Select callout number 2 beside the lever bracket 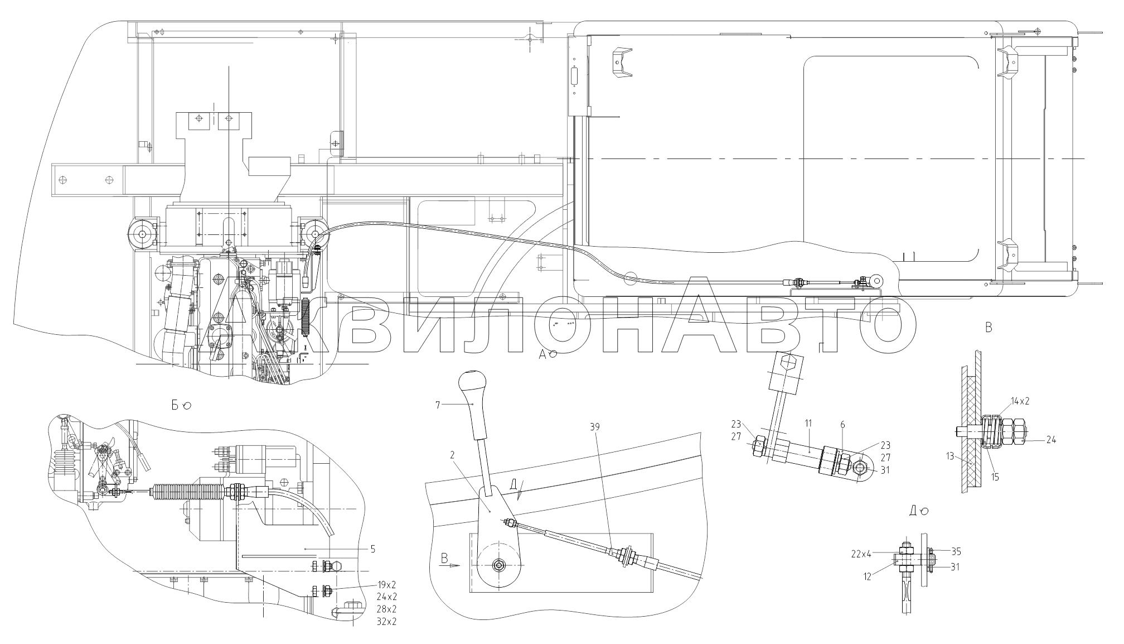click(x=453, y=455)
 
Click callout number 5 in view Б click(x=372, y=549)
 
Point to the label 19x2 click(x=386, y=586)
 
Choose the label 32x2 click(x=386, y=622)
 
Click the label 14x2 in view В click(x=1020, y=401)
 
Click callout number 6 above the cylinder click(x=842, y=425)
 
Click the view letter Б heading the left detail click(x=175, y=405)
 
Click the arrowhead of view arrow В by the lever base click(x=456, y=565)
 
